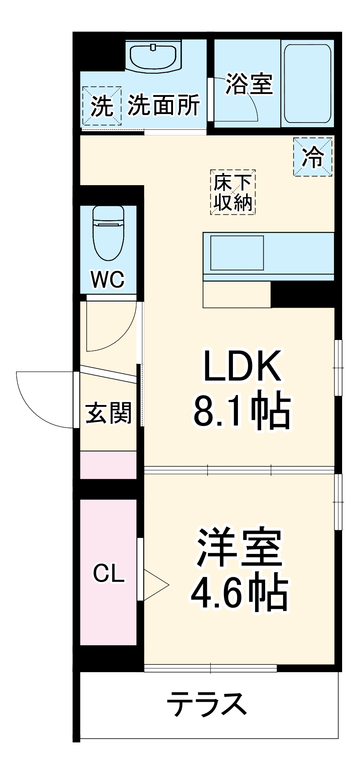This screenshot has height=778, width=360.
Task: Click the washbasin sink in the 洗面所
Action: point(155,57)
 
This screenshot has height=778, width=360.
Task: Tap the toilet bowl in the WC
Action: point(108,233)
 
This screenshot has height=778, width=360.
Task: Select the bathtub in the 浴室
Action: point(307,83)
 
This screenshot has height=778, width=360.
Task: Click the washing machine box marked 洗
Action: point(101,106)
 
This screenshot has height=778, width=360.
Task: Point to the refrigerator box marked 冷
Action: point(313,157)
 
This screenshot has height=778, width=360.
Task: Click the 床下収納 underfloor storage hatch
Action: point(233,192)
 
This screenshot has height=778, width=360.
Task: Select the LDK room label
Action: point(242,366)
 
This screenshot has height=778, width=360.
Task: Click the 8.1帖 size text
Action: point(242,412)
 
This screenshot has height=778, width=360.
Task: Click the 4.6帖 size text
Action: point(239,593)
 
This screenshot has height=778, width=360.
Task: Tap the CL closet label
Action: point(108,573)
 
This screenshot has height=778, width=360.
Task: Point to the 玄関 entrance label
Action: point(108,413)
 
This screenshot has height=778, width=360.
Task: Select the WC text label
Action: point(108,279)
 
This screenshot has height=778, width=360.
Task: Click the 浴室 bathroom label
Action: point(249,84)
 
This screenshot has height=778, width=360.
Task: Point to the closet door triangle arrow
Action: point(156,585)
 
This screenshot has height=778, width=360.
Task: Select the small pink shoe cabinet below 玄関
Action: point(108,465)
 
